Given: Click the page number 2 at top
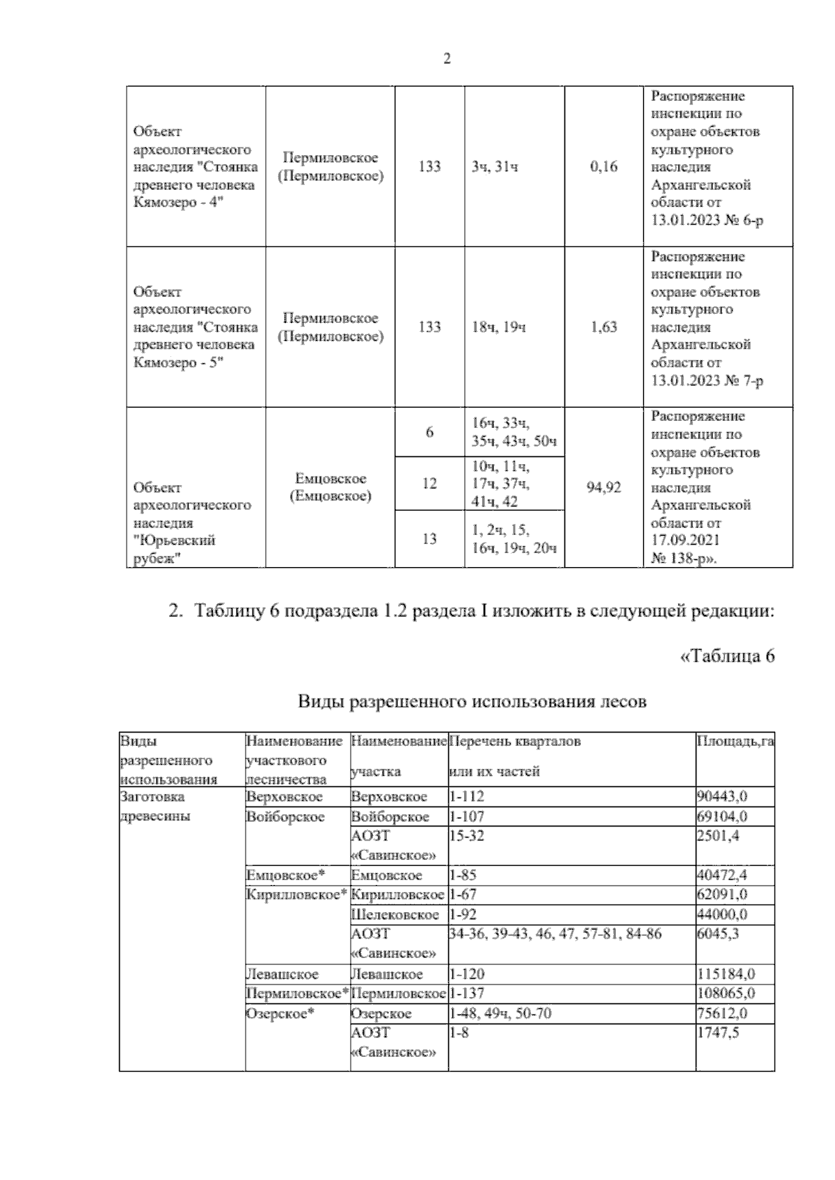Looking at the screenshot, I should click(447, 60).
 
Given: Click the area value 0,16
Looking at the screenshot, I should click(603, 167).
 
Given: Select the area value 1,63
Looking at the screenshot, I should click(603, 327).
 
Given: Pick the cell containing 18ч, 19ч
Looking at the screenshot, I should click(498, 327).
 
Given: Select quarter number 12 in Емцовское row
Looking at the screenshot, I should click(429, 484).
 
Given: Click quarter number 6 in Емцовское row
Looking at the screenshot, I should click(429, 432).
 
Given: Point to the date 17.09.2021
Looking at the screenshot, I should click(685, 541).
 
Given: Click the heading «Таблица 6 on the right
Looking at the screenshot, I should click(726, 656).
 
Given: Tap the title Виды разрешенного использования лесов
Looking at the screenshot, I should click(472, 701).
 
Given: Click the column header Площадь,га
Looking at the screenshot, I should click(735, 742).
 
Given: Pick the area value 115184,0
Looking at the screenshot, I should click(726, 974).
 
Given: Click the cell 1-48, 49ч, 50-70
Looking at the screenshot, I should click(500, 1013).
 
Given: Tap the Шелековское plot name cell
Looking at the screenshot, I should click(395, 914).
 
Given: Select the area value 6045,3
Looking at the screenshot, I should click(717, 934).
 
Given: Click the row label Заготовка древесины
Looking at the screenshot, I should click(152, 806).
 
